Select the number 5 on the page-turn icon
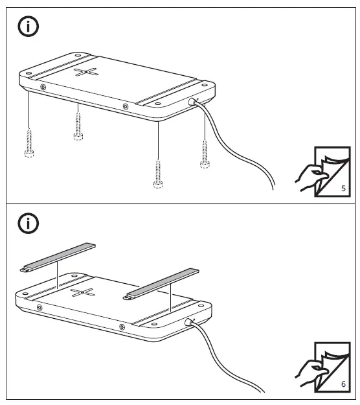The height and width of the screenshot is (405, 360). pos(343,189)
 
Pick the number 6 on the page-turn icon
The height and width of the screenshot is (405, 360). pos(343,384)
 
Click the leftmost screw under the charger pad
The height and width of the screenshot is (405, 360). pos(29,142)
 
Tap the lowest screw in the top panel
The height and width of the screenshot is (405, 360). pos(158,173)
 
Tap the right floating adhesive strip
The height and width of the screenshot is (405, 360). pos(162,284)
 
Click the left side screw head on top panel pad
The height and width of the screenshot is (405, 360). pos(43,87)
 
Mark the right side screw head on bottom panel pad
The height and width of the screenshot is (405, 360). pos(122,325)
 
